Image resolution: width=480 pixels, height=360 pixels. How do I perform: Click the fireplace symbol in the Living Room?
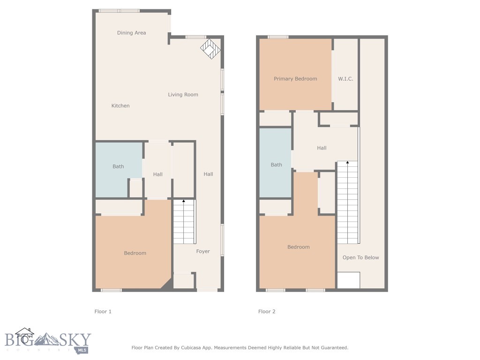pos(210,49)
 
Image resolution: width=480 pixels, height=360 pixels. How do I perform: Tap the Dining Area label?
pos(131,33)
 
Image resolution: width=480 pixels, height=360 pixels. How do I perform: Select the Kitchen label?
pos(120,106)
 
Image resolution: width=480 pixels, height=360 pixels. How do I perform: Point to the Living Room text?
pos(183,95)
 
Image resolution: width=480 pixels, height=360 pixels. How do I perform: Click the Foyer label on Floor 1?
pos(203,252)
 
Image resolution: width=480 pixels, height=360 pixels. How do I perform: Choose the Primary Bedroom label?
pos(295,79)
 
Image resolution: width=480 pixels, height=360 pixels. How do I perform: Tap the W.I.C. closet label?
pos(345,79)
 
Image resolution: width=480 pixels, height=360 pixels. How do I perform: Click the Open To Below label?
pos(360,258)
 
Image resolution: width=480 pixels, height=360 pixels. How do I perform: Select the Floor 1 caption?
pos(103,311)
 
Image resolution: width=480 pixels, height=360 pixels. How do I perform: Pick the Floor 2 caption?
pos(267,311)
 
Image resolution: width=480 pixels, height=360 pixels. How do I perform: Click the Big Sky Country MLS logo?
pos(47,341)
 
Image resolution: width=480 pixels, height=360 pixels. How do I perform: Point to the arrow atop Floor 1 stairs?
pos(184,201)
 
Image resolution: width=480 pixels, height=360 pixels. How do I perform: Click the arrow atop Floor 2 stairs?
pos(347,163)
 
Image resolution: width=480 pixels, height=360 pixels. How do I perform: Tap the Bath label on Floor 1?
pos(118,166)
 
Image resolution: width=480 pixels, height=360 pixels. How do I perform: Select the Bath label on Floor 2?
pos(277,165)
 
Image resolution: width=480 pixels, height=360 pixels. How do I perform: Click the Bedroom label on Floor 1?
pos(135,253)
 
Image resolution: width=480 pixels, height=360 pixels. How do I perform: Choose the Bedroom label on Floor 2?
pos(299,247)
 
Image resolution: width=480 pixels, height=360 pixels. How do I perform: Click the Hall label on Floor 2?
pos(322,148)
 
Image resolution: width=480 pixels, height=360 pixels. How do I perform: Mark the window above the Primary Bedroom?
pos(278,37)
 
